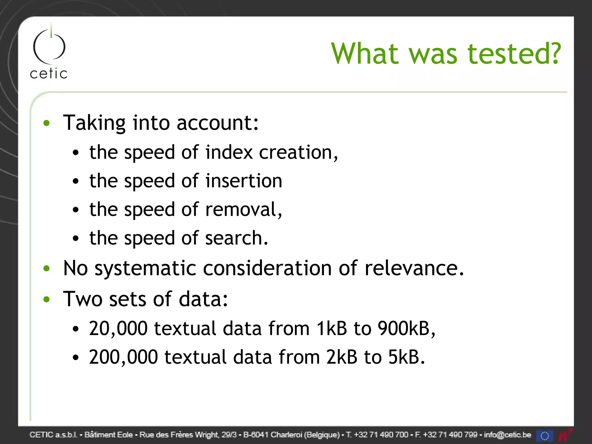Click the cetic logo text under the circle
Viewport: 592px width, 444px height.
click(x=49, y=74)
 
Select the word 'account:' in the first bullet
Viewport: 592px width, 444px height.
click(x=217, y=123)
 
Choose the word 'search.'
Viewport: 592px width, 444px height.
click(x=236, y=238)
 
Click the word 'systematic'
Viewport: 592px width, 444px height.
click(x=145, y=268)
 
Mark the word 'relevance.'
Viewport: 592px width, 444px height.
click(x=414, y=268)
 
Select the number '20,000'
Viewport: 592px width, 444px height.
click(x=118, y=329)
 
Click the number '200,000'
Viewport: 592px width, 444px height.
click(x=123, y=357)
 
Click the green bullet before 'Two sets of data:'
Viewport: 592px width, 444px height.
click(x=47, y=299)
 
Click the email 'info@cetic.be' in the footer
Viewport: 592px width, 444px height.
click(x=507, y=435)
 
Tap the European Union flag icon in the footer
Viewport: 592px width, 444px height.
click(x=545, y=435)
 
